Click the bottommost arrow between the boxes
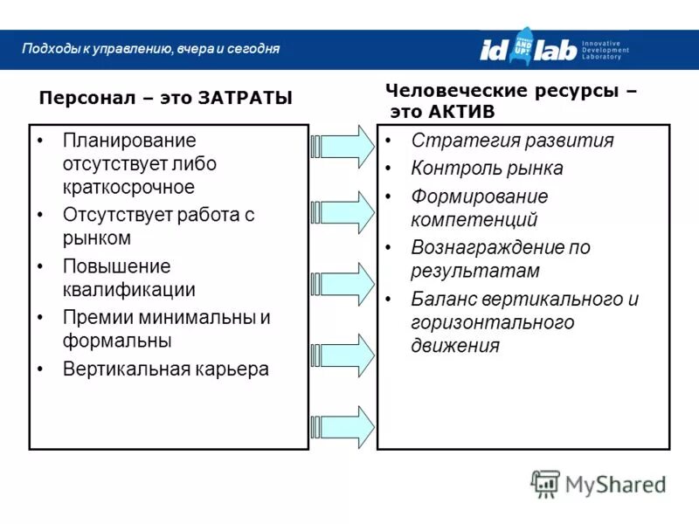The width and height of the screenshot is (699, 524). click(x=343, y=427)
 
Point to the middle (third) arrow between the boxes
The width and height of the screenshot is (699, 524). click(x=343, y=285)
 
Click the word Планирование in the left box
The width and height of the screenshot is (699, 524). click(x=128, y=141)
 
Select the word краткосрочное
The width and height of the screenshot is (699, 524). click(x=128, y=187)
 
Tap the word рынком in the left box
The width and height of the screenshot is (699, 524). click(x=96, y=238)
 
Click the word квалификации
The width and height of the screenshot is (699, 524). click(x=128, y=290)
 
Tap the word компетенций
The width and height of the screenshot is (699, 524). click(x=474, y=219)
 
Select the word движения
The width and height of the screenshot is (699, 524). click(x=454, y=345)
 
